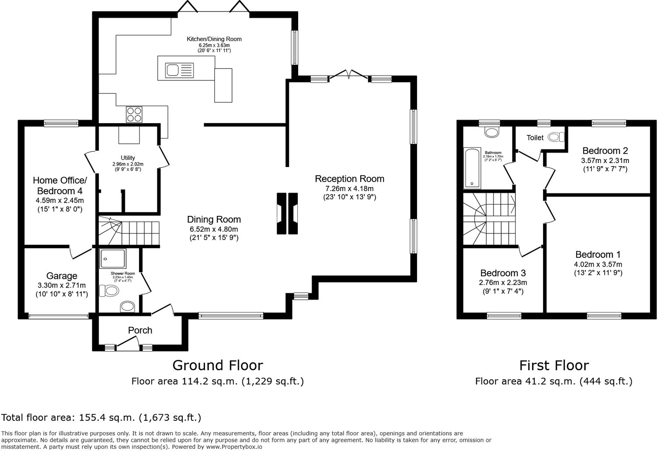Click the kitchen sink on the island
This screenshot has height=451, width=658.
(179, 70)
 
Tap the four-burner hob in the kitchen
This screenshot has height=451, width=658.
(134, 114)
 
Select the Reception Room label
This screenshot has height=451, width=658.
(349, 179)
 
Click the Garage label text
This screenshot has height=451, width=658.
(62, 276)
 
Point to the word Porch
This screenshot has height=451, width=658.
(140, 330)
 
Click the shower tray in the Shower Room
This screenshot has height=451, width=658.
(112, 258)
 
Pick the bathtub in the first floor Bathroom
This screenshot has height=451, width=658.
(472, 168)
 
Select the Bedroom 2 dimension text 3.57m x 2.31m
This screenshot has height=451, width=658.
(605, 160)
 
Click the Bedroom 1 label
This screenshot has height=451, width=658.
(598, 254)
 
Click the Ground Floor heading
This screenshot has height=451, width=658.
(218, 365)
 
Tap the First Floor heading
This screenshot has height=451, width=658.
(554, 365)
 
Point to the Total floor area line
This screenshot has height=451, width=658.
(101, 417)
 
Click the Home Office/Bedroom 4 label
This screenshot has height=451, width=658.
(60, 185)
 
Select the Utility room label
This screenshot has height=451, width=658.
(128, 158)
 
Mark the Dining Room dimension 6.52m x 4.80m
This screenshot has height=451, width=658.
(214, 229)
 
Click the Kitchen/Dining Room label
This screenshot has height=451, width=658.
(214, 39)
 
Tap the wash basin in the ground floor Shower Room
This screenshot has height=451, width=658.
(128, 306)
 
